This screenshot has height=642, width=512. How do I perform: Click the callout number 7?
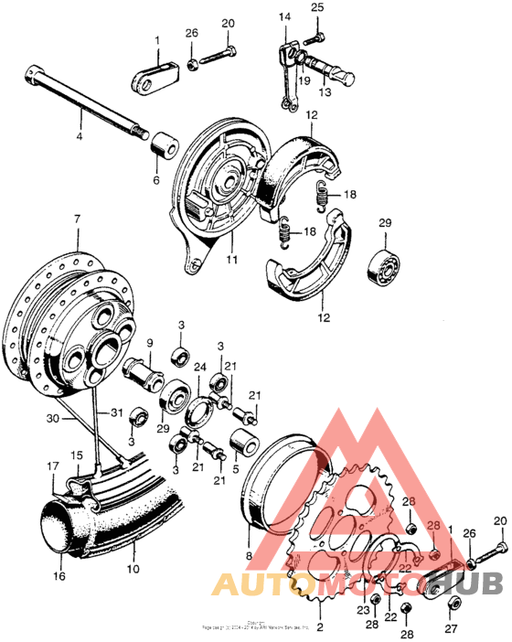(77, 219)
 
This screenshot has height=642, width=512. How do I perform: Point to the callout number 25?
(317, 8)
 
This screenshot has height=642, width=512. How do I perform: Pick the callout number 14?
(284, 16)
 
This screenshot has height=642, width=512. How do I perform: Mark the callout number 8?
(247, 554)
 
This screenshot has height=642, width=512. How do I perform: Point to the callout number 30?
(53, 418)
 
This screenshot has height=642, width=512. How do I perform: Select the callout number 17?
(52, 465)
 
